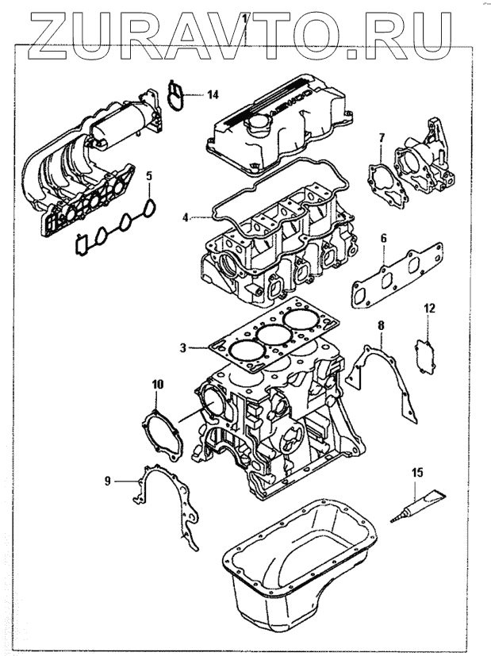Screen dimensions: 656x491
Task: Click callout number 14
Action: tap(212, 94)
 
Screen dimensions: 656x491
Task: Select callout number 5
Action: tap(149, 175)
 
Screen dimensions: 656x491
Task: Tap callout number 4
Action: tap(185, 217)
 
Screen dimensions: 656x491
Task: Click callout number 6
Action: tap(383, 238)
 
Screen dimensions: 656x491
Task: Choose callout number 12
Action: tap(429, 307)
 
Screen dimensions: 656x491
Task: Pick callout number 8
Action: tap(380, 325)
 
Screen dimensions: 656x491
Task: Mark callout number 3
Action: tap(182, 347)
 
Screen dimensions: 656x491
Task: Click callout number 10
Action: tap(157, 385)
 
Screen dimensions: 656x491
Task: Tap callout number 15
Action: tap(416, 473)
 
